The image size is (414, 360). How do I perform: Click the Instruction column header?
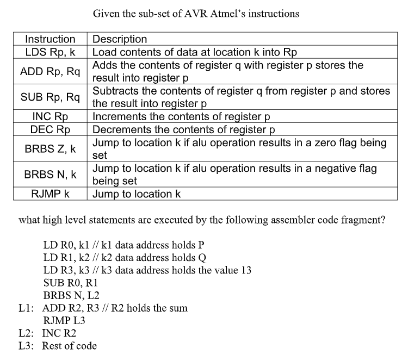coord(51,39)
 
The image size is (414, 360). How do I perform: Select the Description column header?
coord(120,39)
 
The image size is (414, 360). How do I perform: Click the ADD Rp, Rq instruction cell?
coord(50,72)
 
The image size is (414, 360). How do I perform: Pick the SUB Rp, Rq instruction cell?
coord(50,98)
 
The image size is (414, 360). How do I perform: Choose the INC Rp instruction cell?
coord(50,116)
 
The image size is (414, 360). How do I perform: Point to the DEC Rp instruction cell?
coord(50,129)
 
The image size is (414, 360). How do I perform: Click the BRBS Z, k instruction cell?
coord(50,149)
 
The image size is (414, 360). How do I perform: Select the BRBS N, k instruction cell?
coord(50,175)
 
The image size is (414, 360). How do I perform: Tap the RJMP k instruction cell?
coord(50,194)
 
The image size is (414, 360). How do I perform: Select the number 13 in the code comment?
coord(245,270)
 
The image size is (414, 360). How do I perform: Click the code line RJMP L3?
coord(64,321)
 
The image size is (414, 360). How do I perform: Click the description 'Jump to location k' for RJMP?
coord(137,194)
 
